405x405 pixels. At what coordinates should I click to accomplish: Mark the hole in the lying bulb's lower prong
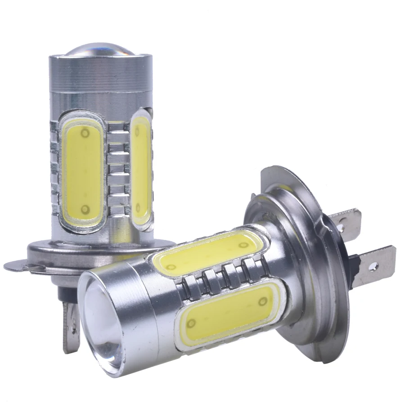click(372, 266)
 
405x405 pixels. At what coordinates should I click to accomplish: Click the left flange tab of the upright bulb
click(18, 265)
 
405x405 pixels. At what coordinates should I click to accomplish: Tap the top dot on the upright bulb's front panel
click(85, 133)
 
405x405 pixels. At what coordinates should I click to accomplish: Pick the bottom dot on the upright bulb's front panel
click(85, 209)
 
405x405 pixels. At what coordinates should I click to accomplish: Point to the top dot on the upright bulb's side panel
click(137, 130)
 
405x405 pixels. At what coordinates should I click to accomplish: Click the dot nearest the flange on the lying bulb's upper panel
click(243, 245)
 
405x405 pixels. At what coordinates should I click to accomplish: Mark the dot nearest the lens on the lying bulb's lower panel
click(191, 323)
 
